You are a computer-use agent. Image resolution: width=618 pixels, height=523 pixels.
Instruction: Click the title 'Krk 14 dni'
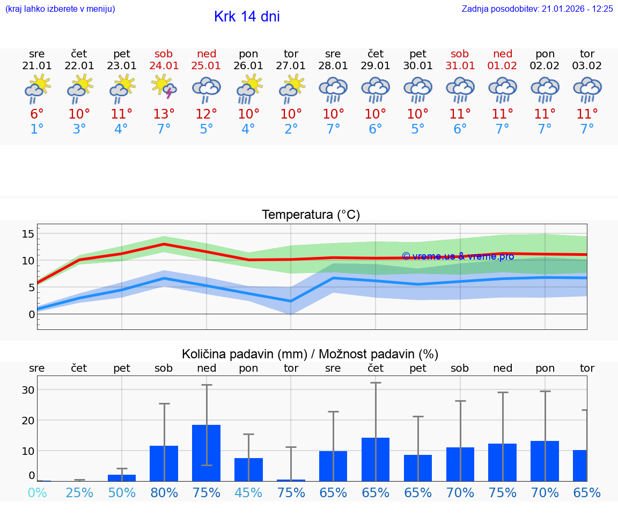click(x=247, y=17)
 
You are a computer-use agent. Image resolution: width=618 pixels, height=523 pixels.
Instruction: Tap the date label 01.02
click(x=503, y=65)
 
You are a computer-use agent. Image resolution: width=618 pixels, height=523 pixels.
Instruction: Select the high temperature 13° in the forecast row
click(x=164, y=114)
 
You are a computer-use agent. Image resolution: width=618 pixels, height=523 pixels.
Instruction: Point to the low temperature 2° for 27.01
click(x=291, y=129)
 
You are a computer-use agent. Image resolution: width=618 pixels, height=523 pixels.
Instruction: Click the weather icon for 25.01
click(x=207, y=89)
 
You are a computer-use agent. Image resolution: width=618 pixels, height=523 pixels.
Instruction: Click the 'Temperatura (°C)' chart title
click(x=311, y=215)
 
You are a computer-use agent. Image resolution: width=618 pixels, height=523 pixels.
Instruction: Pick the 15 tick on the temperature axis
click(x=28, y=234)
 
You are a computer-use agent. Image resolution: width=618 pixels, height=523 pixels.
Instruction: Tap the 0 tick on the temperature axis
click(x=32, y=314)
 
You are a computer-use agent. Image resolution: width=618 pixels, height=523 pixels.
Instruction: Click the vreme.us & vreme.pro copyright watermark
click(x=458, y=256)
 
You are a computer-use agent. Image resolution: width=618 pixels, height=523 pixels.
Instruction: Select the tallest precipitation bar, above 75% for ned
click(x=207, y=453)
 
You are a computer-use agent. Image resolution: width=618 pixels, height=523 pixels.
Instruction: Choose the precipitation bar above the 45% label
click(x=248, y=469)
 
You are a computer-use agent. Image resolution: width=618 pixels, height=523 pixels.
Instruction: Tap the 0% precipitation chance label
click(x=37, y=493)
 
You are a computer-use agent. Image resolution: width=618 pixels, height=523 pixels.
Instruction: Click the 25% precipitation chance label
click(x=79, y=493)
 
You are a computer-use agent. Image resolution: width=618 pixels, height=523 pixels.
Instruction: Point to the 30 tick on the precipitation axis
click(x=28, y=390)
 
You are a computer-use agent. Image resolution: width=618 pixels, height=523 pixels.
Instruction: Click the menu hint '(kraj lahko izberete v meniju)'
click(x=60, y=9)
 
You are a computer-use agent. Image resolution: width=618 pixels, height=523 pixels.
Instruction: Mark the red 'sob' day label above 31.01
click(x=460, y=54)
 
